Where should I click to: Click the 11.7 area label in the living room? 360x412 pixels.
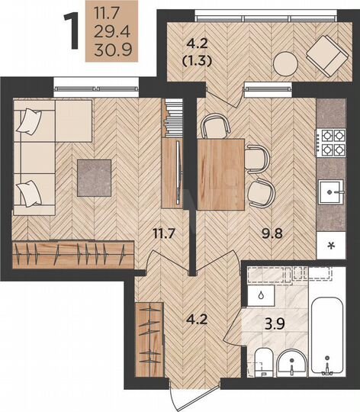coord(164,233)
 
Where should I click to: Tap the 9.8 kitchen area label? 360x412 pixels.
coord(272,233)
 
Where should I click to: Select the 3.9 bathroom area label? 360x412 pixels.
coord(275,323)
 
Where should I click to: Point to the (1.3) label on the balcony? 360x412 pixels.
coord(197,61)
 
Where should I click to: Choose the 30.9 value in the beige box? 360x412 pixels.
coord(113,50)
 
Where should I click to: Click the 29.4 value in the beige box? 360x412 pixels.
coord(112,32)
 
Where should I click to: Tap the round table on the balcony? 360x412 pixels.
coord(285,64)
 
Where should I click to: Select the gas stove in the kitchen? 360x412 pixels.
coord(331,143)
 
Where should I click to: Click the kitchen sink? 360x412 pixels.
coord(331,192)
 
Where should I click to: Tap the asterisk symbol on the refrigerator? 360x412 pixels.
coord(331,246)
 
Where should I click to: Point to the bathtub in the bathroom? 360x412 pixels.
coord(327,336)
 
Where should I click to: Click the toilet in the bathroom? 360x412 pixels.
coord(263,362)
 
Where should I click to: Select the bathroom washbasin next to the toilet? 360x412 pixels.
coord(291,362)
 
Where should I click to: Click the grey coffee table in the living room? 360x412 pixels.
coord(95,178)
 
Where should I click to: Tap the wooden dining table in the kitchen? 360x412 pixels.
coord(221,175)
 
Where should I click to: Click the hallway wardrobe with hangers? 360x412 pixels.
coord(149,340)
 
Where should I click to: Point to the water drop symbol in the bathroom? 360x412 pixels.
coord(261,295)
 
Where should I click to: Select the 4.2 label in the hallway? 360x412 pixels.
coord(197,319)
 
